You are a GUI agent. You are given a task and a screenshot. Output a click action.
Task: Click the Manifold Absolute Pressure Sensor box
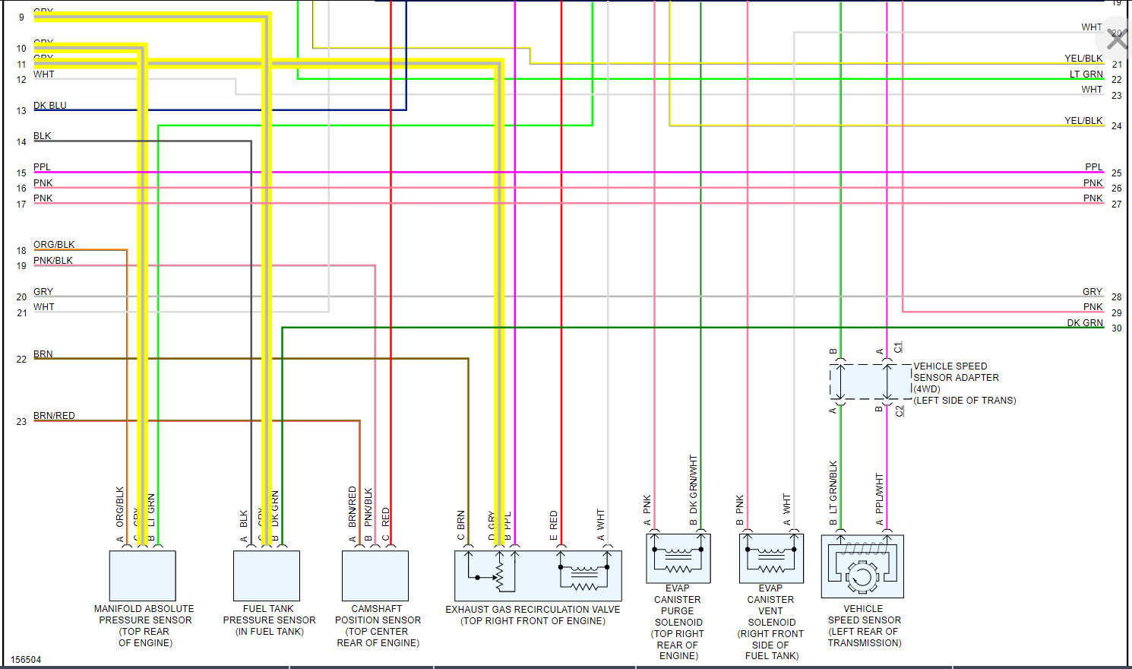[x=143, y=575]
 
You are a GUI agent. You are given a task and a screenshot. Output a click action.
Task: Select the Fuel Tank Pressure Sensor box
[x=267, y=575]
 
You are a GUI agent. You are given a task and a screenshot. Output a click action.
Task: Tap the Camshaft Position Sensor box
[x=375, y=575]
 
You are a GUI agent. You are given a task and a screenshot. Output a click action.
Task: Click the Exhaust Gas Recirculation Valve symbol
[x=538, y=575]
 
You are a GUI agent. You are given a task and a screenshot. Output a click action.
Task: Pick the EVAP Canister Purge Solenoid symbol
[x=678, y=558]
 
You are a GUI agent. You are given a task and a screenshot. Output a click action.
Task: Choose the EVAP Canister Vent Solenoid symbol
[x=771, y=558]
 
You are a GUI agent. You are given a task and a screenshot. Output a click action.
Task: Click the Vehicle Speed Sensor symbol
[x=862, y=566]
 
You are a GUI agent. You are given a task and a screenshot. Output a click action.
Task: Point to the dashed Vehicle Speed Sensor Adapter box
[x=870, y=382]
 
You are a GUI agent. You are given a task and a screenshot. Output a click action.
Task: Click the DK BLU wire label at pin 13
[x=50, y=106]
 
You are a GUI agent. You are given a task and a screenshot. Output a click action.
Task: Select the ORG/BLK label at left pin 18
[x=54, y=245]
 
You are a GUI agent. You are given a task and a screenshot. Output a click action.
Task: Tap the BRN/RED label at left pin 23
[x=54, y=416]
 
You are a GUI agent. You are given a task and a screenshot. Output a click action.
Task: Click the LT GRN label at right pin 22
[x=1086, y=75]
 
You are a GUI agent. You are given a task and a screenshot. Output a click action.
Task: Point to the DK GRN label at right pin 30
[x=1085, y=323]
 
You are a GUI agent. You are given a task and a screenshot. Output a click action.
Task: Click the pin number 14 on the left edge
[x=21, y=142]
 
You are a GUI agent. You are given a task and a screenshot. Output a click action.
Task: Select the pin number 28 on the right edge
[x=1116, y=297]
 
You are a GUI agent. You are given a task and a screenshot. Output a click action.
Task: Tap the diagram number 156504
[x=26, y=660]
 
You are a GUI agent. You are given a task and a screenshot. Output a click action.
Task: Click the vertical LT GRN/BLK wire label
[x=833, y=487]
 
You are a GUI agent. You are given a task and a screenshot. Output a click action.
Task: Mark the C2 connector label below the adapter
[x=900, y=411]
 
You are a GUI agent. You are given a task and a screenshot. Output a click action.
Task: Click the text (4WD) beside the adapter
[x=927, y=389]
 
